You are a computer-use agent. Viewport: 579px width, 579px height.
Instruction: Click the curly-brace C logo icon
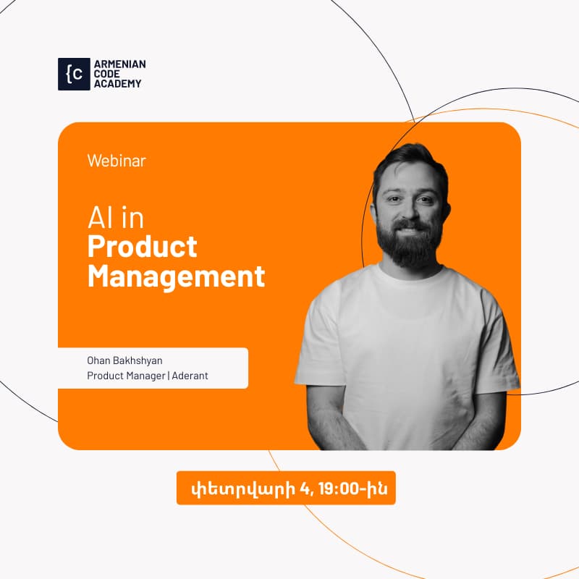[x=74, y=74]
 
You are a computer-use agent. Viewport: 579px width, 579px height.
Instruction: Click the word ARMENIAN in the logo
[x=120, y=64]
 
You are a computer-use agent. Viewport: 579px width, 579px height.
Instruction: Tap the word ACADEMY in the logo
[x=118, y=83]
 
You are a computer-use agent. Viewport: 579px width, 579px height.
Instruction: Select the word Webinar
[x=117, y=161]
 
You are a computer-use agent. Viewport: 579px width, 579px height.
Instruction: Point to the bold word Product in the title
[x=142, y=247]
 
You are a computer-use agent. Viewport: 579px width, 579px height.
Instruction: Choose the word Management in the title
[x=176, y=276]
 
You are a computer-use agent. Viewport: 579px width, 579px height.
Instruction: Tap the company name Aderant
[x=190, y=376]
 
